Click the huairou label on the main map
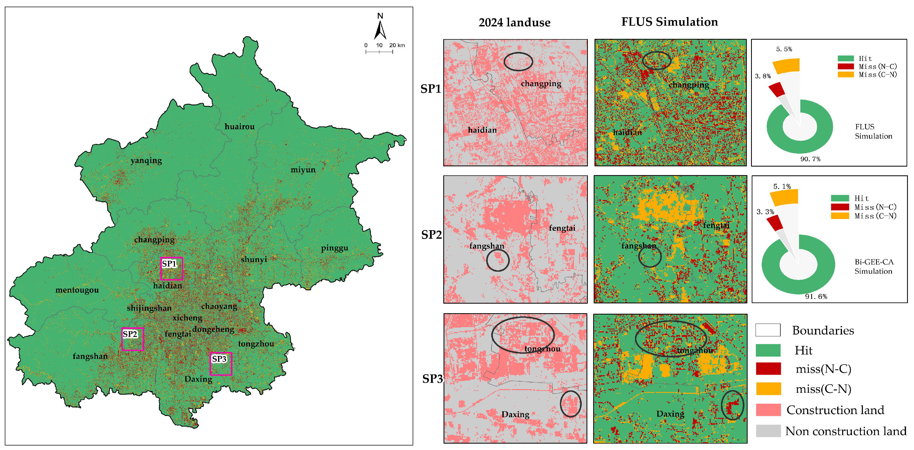click(x=240, y=127)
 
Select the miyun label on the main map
click(x=303, y=170)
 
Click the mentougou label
click(x=77, y=290)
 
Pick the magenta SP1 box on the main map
click(x=171, y=269)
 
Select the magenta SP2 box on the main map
click(x=132, y=339)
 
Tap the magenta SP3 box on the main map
click(x=221, y=364)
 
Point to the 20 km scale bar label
click(x=397, y=46)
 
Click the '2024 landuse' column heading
click(x=514, y=23)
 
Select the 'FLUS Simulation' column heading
click(x=669, y=22)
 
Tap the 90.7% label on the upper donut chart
click(x=810, y=159)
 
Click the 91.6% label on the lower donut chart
click(x=816, y=297)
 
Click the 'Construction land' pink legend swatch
click(x=768, y=410)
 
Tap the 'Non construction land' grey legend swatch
click(x=768, y=431)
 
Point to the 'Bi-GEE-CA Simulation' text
click(x=873, y=267)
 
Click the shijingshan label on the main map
click(x=149, y=308)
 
